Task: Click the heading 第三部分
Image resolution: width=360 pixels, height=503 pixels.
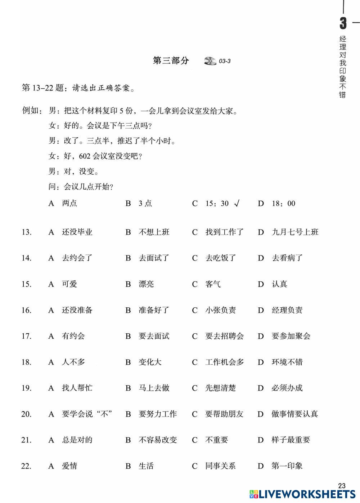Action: click(x=171, y=61)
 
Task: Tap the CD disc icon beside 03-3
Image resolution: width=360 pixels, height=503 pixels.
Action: click(x=210, y=61)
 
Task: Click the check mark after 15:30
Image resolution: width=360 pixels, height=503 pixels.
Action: click(x=237, y=204)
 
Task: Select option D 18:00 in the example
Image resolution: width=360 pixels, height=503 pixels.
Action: click(x=283, y=204)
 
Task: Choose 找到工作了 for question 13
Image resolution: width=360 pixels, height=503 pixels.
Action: click(x=224, y=232)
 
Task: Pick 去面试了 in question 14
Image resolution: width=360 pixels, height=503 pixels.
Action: click(x=154, y=258)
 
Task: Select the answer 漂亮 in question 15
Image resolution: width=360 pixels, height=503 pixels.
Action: click(x=146, y=284)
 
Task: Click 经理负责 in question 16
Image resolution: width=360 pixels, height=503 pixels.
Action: click(x=287, y=310)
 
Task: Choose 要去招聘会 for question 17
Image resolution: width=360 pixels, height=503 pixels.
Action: click(x=224, y=336)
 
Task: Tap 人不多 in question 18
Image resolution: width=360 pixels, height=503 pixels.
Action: click(x=73, y=362)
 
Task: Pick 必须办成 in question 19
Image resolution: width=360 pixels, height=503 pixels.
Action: click(x=287, y=388)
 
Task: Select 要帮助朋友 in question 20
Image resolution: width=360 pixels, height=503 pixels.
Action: click(x=224, y=414)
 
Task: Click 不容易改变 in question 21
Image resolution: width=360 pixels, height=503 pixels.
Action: click(x=158, y=440)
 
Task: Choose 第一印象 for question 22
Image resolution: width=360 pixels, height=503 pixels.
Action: click(x=287, y=466)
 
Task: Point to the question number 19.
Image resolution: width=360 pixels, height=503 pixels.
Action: click(x=26, y=388)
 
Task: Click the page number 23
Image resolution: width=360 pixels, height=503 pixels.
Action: click(x=342, y=486)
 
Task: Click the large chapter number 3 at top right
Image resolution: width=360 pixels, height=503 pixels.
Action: click(x=343, y=23)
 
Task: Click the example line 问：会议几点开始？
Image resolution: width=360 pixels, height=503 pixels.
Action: click(x=81, y=187)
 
